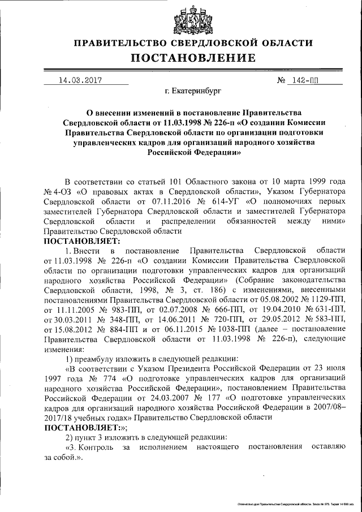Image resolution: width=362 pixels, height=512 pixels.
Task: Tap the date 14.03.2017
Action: [80, 80]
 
